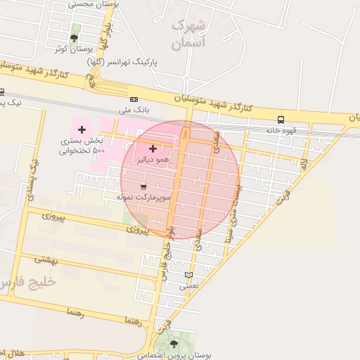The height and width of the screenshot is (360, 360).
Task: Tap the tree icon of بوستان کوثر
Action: [x=75, y=37]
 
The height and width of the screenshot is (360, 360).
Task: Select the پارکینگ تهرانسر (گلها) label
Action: [x=122, y=62]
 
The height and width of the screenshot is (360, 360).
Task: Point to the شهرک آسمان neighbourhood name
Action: [x=188, y=34]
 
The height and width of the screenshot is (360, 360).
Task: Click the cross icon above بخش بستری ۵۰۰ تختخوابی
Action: [x=82, y=129]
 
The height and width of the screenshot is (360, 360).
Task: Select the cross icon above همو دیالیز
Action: [x=153, y=148]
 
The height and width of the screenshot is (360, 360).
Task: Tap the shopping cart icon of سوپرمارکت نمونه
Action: [x=143, y=187]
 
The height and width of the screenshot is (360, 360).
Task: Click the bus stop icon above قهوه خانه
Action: [x=281, y=120]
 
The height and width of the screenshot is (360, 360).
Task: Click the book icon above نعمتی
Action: [x=188, y=275]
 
